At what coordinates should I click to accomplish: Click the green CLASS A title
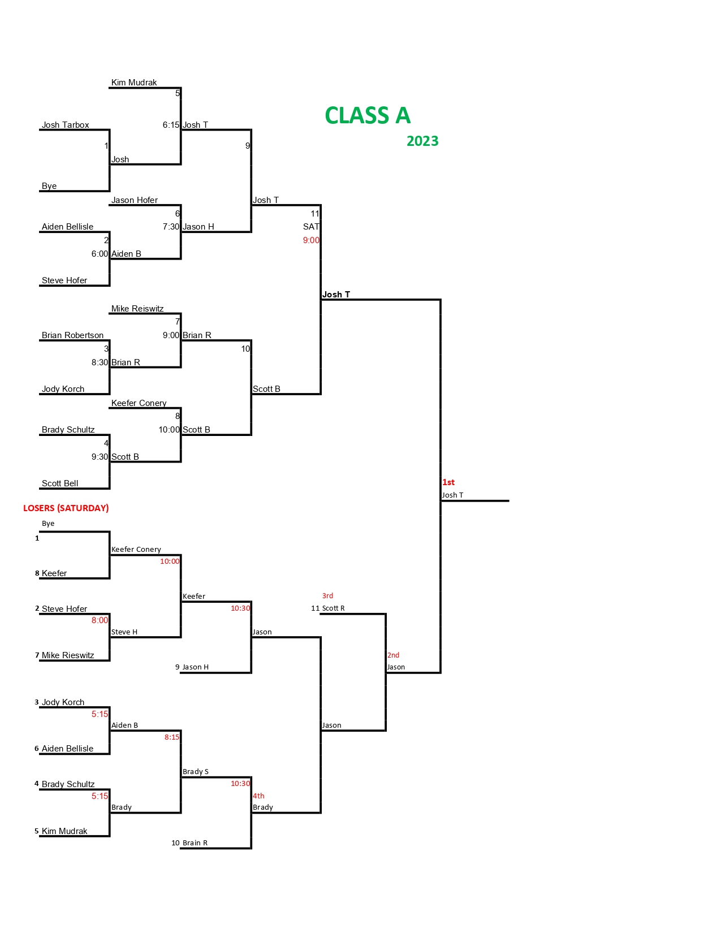pos(368,116)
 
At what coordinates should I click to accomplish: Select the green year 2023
pos(422,141)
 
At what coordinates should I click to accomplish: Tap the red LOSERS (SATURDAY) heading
pos(66,508)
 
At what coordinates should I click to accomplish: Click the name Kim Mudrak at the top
pos(134,83)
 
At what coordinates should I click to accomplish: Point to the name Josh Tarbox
pos(65,125)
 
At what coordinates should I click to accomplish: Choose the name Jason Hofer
pos(135,200)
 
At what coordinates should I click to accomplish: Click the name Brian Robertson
pos(72,335)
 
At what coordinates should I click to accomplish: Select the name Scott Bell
pos(60,483)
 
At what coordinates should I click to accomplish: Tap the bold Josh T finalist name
pos(336,295)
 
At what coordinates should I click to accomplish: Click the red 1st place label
pos(448,482)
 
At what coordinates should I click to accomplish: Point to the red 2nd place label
pos(393,655)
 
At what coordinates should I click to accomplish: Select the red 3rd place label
pos(327,596)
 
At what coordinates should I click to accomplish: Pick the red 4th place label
pos(258,796)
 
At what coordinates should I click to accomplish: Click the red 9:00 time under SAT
pos(311,240)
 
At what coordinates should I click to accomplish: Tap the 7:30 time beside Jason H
pos(171,227)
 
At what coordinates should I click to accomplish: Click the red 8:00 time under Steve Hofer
pos(100,620)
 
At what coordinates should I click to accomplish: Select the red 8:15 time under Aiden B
pos(172,737)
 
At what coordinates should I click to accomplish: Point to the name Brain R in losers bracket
pos(195,843)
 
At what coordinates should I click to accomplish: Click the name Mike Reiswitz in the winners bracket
pos(137,309)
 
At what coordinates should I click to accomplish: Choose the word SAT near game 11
pos(311,227)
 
